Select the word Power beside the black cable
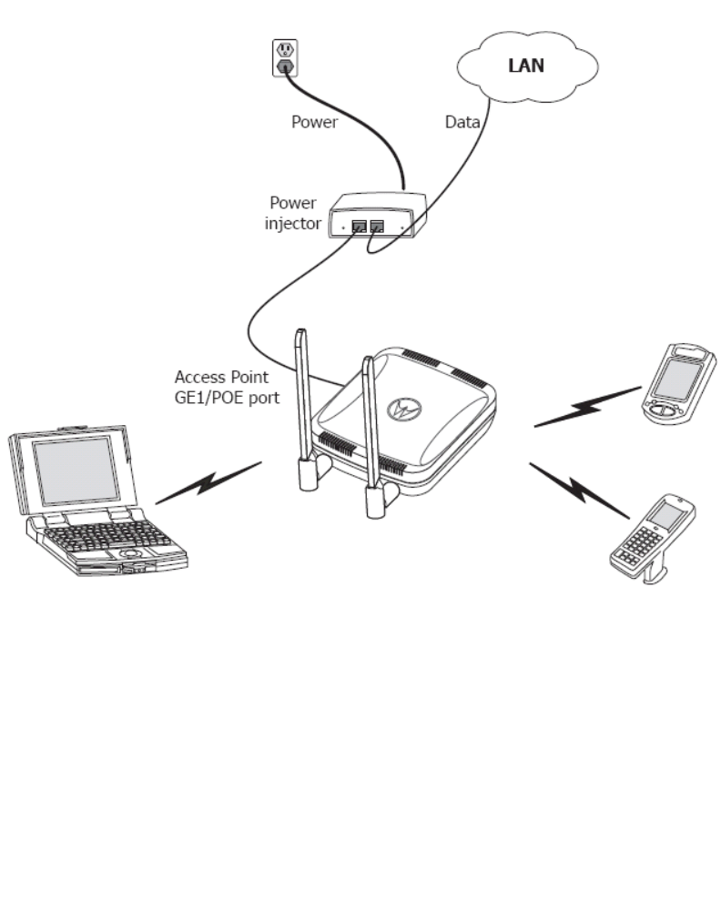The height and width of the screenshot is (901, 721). [x=314, y=121]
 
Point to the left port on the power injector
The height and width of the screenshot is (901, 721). [x=359, y=225]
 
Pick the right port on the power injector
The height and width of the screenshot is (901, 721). [x=378, y=225]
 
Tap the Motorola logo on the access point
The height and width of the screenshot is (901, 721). [x=403, y=409]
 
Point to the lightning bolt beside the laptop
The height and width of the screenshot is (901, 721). [x=208, y=481]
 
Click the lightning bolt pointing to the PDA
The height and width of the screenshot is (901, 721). [x=587, y=407]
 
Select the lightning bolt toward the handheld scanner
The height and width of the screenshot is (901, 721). [x=573, y=488]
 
